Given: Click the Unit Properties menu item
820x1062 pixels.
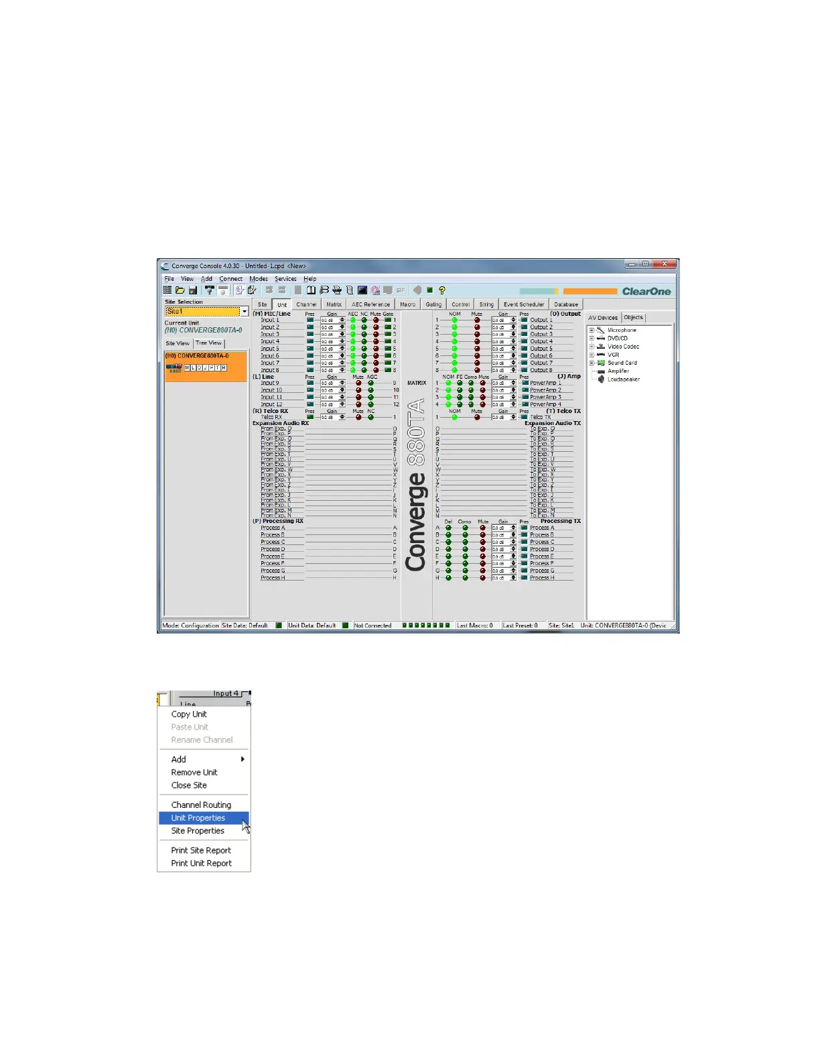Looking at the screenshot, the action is (x=198, y=818).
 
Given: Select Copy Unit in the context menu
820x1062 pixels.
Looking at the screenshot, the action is (x=189, y=714).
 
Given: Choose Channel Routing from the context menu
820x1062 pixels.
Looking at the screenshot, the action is (x=201, y=805).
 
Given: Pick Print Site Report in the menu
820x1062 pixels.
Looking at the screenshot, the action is (x=201, y=850).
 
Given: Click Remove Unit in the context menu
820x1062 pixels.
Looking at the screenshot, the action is (x=194, y=772).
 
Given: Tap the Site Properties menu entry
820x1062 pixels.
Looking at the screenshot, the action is (x=198, y=831).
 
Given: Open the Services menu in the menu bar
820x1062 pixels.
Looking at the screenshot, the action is (x=285, y=279).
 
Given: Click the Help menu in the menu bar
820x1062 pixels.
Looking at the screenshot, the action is (x=310, y=279).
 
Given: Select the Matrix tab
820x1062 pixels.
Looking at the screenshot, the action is (x=334, y=304).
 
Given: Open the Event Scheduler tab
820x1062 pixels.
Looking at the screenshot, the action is (x=524, y=304).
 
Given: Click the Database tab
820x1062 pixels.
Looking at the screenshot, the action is (x=565, y=304).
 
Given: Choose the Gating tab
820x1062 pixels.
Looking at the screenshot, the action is (x=433, y=304).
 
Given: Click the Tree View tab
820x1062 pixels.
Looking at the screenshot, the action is (x=208, y=343).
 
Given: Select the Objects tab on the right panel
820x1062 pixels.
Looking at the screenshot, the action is (x=633, y=318).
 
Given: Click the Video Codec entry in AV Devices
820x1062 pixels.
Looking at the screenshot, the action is (x=623, y=347).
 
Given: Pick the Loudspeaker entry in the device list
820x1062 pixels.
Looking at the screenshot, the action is (x=623, y=379).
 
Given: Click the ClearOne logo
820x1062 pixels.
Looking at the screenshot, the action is (x=646, y=292).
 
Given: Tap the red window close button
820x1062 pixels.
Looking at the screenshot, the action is (x=665, y=264).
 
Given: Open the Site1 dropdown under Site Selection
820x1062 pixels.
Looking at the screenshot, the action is (x=245, y=312).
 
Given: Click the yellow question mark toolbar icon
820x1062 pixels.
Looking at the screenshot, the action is (x=442, y=290).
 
